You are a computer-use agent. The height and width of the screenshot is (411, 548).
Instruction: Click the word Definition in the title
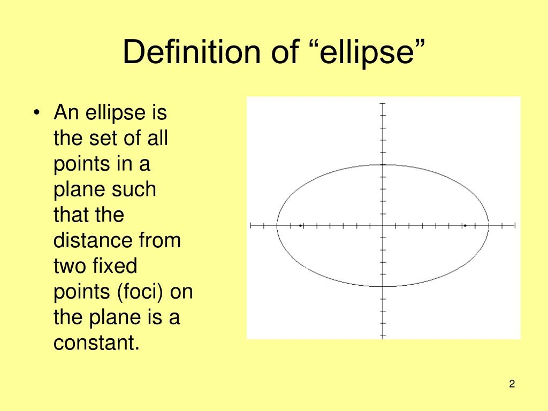(x=192, y=52)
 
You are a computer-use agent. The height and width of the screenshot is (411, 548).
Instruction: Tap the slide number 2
(x=512, y=384)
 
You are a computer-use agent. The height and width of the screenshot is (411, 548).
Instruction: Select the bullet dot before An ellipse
(x=36, y=113)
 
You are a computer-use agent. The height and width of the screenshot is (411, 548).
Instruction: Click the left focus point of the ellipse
(x=301, y=226)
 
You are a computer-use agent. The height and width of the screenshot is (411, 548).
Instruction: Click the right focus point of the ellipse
(x=465, y=226)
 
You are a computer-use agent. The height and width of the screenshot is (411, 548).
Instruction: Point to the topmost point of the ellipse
(x=383, y=165)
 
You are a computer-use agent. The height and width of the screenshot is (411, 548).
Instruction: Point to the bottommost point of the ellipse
(x=383, y=287)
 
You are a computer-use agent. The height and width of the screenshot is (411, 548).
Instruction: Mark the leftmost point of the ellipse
(x=277, y=226)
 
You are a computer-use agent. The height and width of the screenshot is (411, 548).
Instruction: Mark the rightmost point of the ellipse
(x=489, y=226)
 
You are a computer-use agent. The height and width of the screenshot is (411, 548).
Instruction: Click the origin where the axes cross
(x=383, y=226)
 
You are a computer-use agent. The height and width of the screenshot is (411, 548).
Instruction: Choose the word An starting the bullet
(x=66, y=112)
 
